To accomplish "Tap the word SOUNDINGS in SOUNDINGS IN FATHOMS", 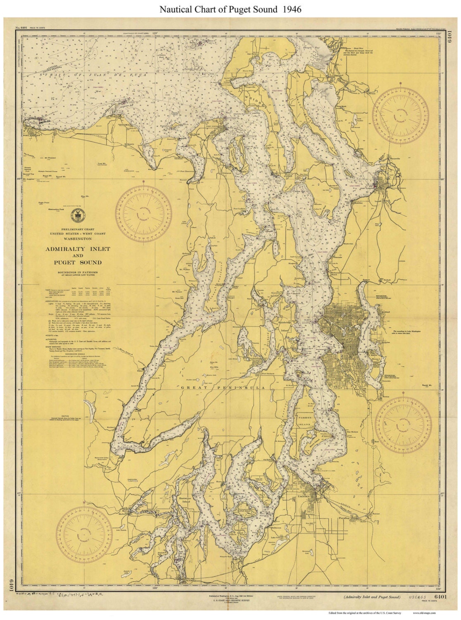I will tap(67, 274).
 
